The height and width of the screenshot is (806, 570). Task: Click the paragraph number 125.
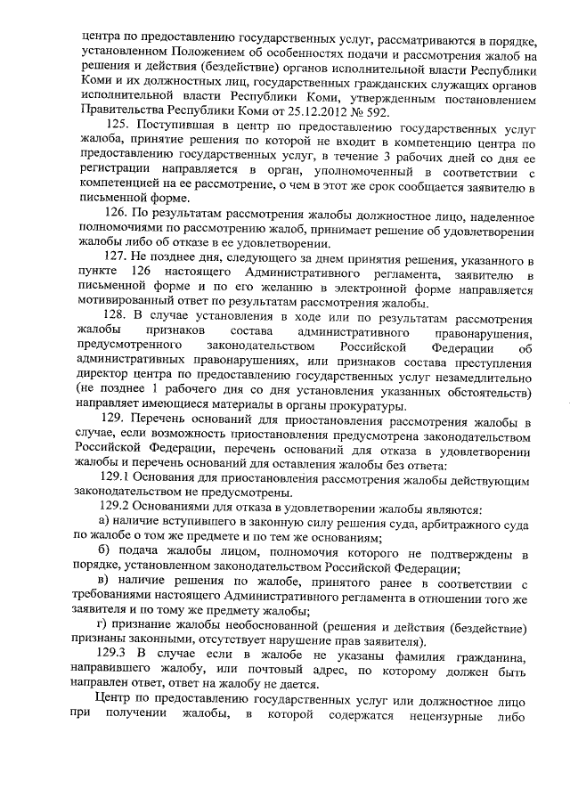(118, 125)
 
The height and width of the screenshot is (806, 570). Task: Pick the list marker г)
(102, 625)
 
